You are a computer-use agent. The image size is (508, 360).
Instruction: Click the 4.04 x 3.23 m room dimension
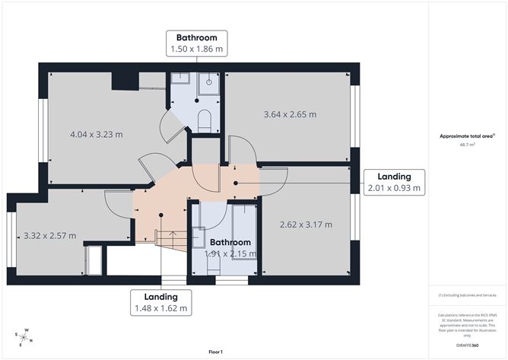[96, 135]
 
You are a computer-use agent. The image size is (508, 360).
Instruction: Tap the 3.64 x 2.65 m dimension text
[289, 115]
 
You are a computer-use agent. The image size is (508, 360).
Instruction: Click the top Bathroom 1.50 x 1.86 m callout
[197, 43]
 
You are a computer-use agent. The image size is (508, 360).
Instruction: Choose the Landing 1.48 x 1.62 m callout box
[160, 302]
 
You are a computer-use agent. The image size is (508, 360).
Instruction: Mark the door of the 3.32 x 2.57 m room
[118, 204]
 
